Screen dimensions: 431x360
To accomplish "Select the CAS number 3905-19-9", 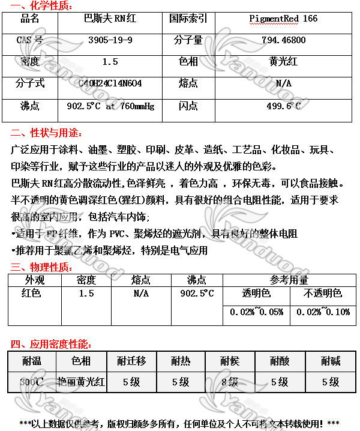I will coord(110,40).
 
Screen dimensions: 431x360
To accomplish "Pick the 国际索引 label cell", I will coord(188,19).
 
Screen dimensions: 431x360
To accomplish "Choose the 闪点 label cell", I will coord(188,106).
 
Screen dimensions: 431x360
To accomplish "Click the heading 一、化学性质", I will coord(41,6).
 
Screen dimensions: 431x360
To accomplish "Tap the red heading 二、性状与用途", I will coord(47,133).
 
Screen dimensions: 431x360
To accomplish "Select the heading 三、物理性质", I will coord(41,267).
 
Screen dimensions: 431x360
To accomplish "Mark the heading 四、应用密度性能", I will coord(51,344).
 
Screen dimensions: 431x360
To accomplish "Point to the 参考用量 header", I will coord(289,280).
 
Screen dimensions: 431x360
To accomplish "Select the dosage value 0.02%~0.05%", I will coord(256,312).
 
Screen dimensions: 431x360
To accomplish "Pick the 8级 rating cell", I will coord(229,381).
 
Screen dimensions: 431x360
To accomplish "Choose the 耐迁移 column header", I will coord(131,361).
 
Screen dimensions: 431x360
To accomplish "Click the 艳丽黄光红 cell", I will coord(82,381).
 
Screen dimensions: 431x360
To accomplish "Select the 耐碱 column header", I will coord(330,361).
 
